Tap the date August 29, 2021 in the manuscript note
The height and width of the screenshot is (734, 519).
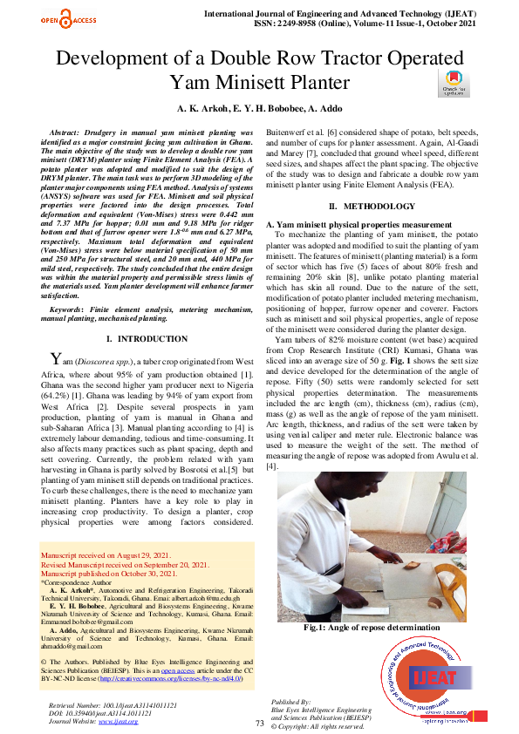pos(146,556)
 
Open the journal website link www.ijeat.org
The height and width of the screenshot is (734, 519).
pos(119,721)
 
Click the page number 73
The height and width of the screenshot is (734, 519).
pos(259,723)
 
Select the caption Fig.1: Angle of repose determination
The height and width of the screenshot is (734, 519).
pos(372,627)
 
